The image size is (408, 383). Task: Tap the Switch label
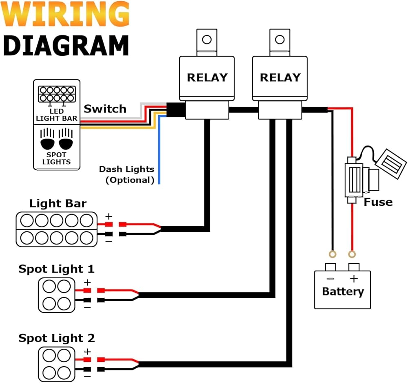click(x=105, y=109)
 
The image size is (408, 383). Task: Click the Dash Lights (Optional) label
click(x=126, y=174)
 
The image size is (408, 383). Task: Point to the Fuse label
click(x=378, y=202)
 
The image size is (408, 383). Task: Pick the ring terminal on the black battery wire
click(x=333, y=255)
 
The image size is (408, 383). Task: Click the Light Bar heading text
click(x=58, y=203)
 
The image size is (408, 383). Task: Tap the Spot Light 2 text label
click(x=56, y=338)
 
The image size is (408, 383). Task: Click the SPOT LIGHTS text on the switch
click(x=56, y=158)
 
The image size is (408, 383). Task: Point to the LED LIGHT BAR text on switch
click(x=56, y=115)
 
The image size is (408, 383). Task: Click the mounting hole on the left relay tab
click(x=207, y=40)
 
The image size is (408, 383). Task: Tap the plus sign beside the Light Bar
click(x=109, y=216)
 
